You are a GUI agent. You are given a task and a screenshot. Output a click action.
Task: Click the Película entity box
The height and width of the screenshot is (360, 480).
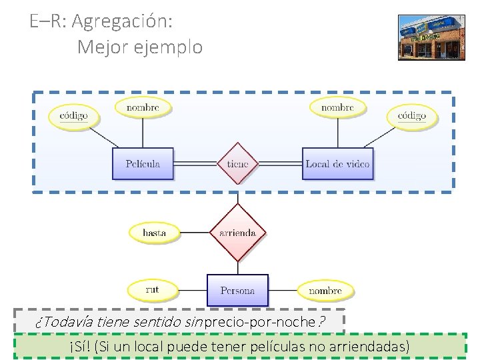(x=143, y=163)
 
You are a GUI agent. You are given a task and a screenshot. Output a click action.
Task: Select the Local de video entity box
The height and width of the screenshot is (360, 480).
(x=337, y=163)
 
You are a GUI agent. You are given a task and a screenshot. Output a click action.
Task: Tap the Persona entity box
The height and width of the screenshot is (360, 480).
(x=237, y=291)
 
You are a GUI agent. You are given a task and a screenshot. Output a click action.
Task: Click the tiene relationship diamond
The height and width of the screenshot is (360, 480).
(x=237, y=163)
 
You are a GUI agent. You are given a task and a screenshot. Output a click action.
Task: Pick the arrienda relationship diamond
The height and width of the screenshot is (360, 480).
(x=237, y=232)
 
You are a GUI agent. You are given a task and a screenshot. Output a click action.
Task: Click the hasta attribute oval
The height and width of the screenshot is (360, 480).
(x=154, y=233)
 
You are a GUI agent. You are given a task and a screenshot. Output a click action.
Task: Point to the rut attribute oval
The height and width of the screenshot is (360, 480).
(x=153, y=290)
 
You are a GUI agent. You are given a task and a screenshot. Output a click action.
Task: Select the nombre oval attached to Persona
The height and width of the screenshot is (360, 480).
(x=325, y=291)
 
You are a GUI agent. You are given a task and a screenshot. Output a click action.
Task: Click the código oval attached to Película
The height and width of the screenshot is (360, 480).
(x=73, y=115)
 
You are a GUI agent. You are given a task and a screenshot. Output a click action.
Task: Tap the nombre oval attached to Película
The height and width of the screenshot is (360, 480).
(x=143, y=107)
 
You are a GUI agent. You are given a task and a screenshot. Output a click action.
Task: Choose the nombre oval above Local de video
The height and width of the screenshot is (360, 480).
(x=337, y=107)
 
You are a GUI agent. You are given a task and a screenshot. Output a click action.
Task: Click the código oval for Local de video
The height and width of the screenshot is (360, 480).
(x=412, y=115)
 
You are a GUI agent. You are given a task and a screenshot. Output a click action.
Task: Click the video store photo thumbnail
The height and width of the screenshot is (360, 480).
(x=431, y=37)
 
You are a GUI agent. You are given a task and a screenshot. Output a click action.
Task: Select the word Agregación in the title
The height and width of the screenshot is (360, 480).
(x=122, y=21)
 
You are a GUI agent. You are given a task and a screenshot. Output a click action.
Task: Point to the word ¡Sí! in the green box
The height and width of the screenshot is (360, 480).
(x=80, y=347)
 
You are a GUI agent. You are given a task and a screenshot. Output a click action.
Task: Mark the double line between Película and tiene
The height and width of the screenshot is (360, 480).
(x=195, y=163)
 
